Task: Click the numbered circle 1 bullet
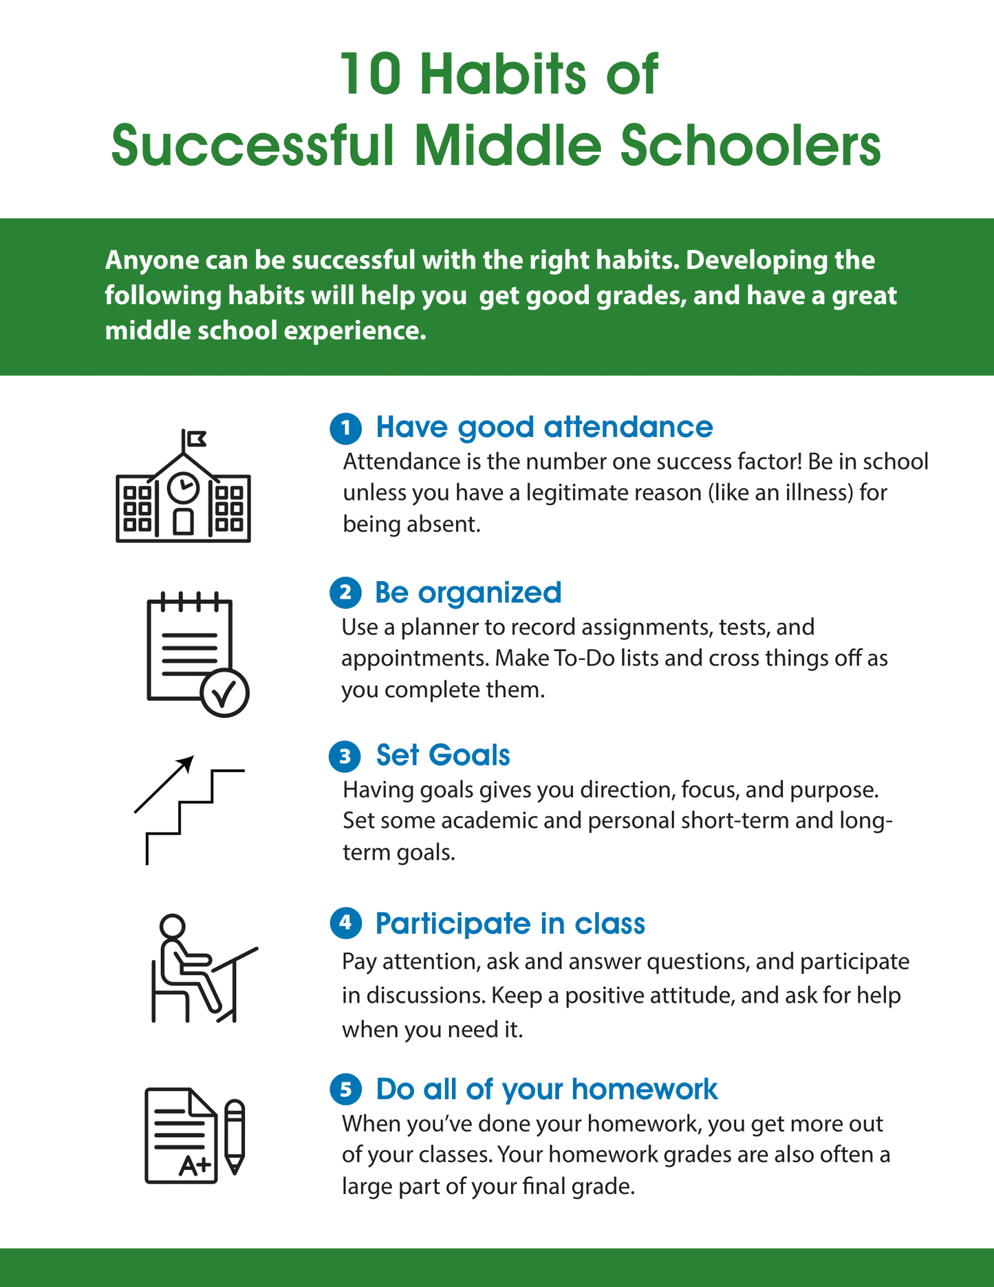(345, 428)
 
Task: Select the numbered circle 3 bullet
(345, 756)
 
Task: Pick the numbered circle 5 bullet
(345, 1089)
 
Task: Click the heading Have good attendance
(544, 427)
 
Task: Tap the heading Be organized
(468, 593)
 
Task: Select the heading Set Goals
(443, 756)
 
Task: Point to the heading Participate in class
(510, 924)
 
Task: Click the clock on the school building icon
(184, 487)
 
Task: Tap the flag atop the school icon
(196, 438)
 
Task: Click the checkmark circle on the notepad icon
(224, 693)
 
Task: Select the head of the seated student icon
(172, 926)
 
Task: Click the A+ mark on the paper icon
(195, 1166)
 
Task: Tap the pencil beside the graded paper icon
(235, 1136)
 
